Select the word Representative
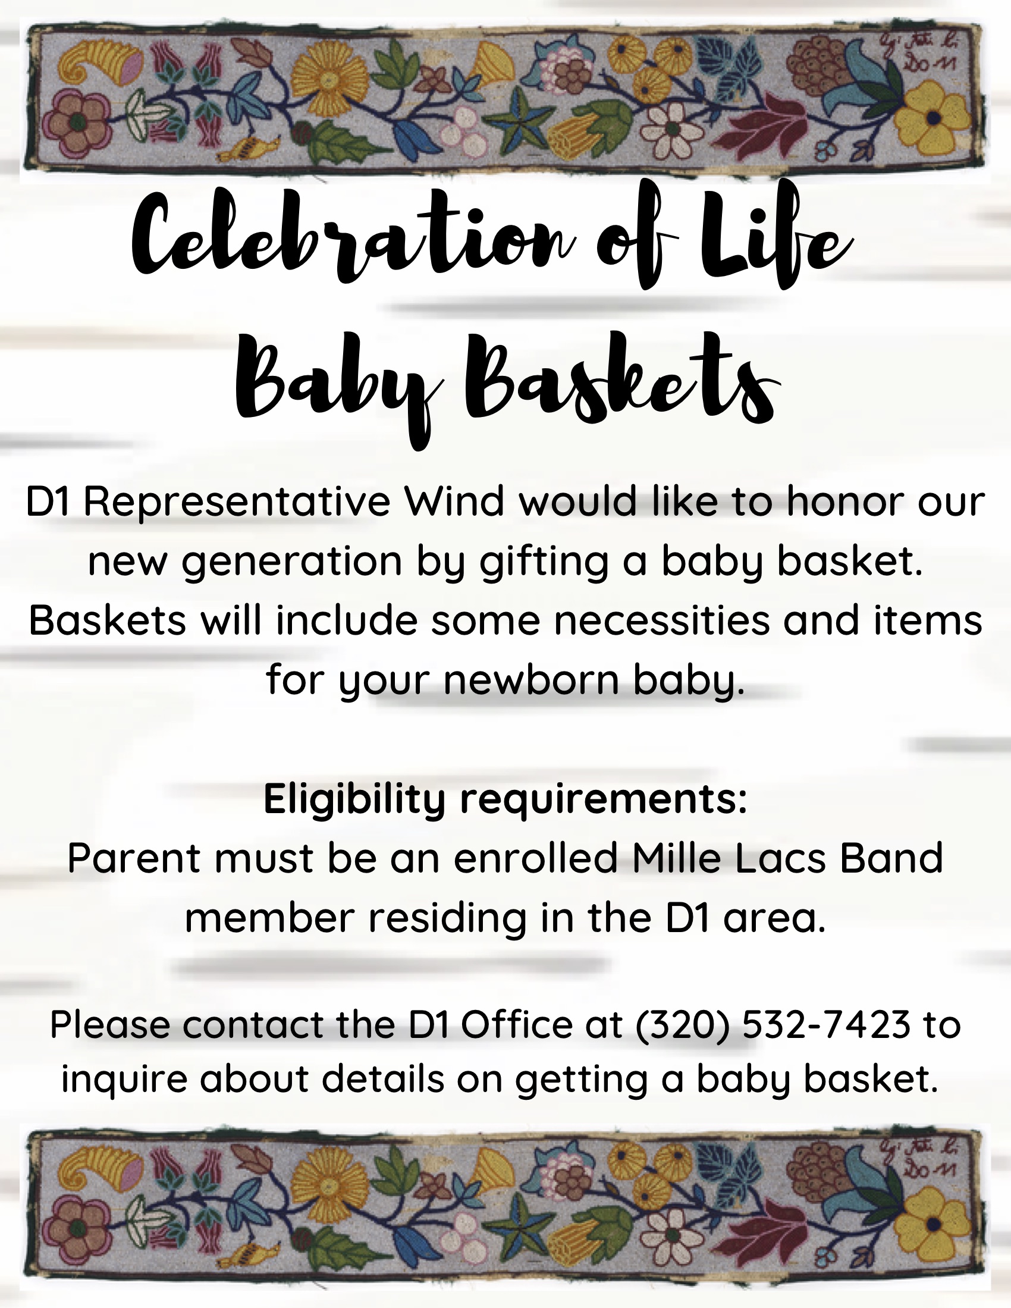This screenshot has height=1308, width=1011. tap(237, 503)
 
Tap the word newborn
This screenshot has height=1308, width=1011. tap(531, 680)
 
